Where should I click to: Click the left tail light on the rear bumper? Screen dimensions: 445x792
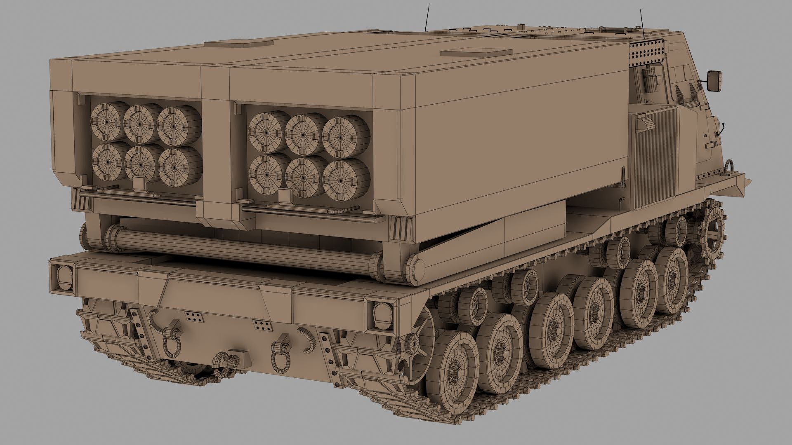64,276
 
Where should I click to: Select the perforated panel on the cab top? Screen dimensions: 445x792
646,52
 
